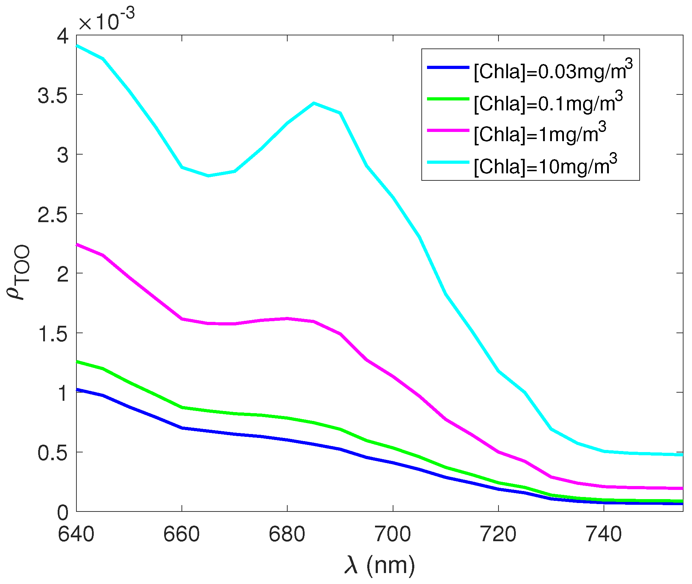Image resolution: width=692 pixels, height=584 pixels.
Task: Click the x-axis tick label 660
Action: click(x=181, y=534)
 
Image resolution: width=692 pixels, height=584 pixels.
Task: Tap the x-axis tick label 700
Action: click(x=393, y=534)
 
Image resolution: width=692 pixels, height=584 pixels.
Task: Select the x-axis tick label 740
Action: click(x=604, y=534)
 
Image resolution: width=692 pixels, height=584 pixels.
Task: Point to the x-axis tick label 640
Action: click(x=76, y=534)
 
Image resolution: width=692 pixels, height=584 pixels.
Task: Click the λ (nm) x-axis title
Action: click(x=380, y=565)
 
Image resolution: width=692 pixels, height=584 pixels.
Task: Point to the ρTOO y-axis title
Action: click(x=18, y=272)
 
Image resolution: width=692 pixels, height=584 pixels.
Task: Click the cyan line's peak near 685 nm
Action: click(x=313, y=103)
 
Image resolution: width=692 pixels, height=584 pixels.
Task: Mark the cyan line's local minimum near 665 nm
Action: click(x=208, y=175)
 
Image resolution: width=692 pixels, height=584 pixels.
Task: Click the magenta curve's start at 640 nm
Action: click(x=77, y=244)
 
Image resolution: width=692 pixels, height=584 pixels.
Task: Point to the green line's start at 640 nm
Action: click(x=77, y=362)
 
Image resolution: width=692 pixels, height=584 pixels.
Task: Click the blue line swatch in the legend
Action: click(x=448, y=67)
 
